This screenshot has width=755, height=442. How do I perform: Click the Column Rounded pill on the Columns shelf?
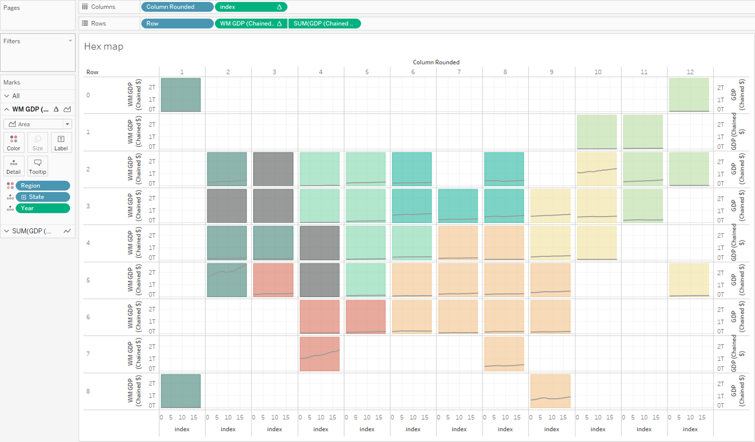pos(177,7)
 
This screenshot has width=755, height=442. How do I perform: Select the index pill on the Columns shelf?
pos(251,7)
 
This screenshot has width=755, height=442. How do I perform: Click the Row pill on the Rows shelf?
pos(177,23)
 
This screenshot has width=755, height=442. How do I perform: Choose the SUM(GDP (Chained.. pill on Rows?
pos(324,23)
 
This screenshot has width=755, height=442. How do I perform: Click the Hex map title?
pos(103,46)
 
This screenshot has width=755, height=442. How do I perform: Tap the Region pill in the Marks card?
pos(43,186)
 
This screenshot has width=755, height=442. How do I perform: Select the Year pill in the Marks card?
pos(43,208)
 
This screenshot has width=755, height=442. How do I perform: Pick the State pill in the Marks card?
pos(43,197)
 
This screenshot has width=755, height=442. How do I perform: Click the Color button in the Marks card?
pos(13,142)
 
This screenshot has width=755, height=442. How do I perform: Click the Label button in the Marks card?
pos(61,142)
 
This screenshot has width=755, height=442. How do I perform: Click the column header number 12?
pos(690,72)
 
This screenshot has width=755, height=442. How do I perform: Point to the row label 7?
pos(88,354)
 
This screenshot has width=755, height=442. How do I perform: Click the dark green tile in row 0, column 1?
pos(181,95)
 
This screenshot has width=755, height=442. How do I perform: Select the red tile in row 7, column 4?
pos(320,354)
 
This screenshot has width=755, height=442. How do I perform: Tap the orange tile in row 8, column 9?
pos(551,391)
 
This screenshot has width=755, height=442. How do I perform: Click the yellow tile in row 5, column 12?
pos(689,280)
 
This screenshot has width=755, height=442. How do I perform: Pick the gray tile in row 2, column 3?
pos(273,169)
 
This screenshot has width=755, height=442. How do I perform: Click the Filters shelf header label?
pos(12,41)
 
